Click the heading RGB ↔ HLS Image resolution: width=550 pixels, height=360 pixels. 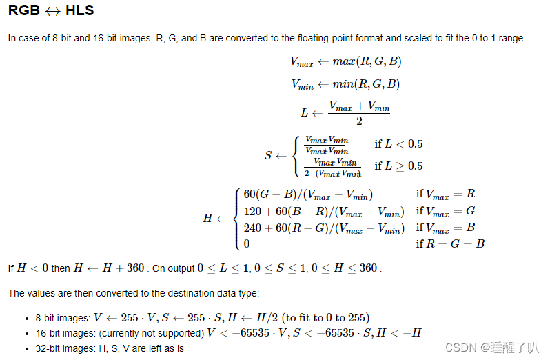[51, 11]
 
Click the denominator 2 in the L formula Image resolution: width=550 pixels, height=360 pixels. [359, 121]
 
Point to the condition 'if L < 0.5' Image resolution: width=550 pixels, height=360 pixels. [398, 144]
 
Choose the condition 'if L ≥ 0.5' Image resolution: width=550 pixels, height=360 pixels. [398, 166]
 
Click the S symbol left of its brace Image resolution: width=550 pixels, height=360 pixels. [268, 155]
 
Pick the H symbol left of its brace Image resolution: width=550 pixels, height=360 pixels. [207, 218]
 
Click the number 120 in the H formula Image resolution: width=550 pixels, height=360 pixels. [253, 210]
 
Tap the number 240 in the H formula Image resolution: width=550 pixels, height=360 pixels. [253, 227]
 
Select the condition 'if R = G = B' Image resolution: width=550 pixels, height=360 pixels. [450, 243]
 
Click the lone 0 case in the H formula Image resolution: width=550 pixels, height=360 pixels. [247, 243]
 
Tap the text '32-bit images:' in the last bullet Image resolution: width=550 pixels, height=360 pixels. [64, 348]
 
